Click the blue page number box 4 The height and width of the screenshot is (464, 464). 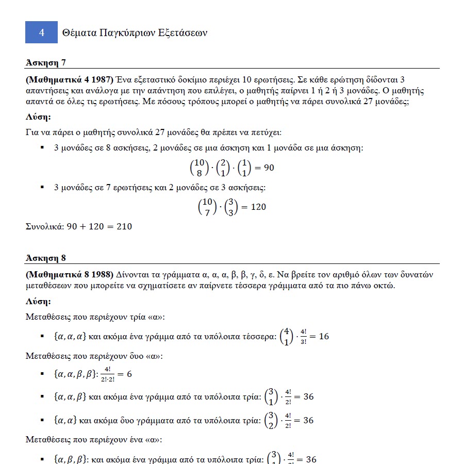[x=41, y=32]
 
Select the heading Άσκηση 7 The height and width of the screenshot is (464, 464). [x=46, y=63]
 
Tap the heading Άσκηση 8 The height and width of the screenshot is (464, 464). [x=46, y=258]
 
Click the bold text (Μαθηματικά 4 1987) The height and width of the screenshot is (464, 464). [x=69, y=79]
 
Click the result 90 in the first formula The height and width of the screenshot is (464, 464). [x=269, y=168]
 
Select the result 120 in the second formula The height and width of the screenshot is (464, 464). [x=258, y=207]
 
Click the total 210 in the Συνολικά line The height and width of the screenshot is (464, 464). [x=124, y=226]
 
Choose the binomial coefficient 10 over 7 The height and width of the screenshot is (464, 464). [x=207, y=207]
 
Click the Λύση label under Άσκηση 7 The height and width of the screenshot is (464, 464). [x=38, y=117]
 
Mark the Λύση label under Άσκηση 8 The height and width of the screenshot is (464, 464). [x=38, y=301]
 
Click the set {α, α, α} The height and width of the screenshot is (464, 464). [x=70, y=337]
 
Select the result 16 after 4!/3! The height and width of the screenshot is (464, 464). [x=324, y=337]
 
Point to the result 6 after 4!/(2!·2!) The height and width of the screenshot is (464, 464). [x=129, y=374]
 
